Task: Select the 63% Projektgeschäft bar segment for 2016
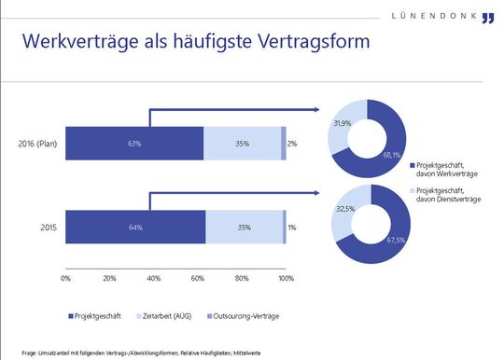[134, 144]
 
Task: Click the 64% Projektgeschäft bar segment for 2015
[134, 228]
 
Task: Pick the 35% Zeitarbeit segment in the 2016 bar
[242, 144]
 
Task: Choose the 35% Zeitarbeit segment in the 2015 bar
[243, 228]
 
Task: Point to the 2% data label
[292, 144]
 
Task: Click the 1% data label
[292, 228]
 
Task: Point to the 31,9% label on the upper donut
[343, 123]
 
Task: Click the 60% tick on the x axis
[198, 277]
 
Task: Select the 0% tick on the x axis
[65, 277]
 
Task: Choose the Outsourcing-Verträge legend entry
[261, 316]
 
